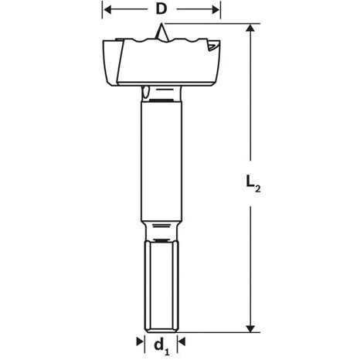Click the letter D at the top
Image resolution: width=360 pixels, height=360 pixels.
click(161, 10)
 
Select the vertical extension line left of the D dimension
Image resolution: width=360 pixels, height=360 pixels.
click(103, 19)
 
